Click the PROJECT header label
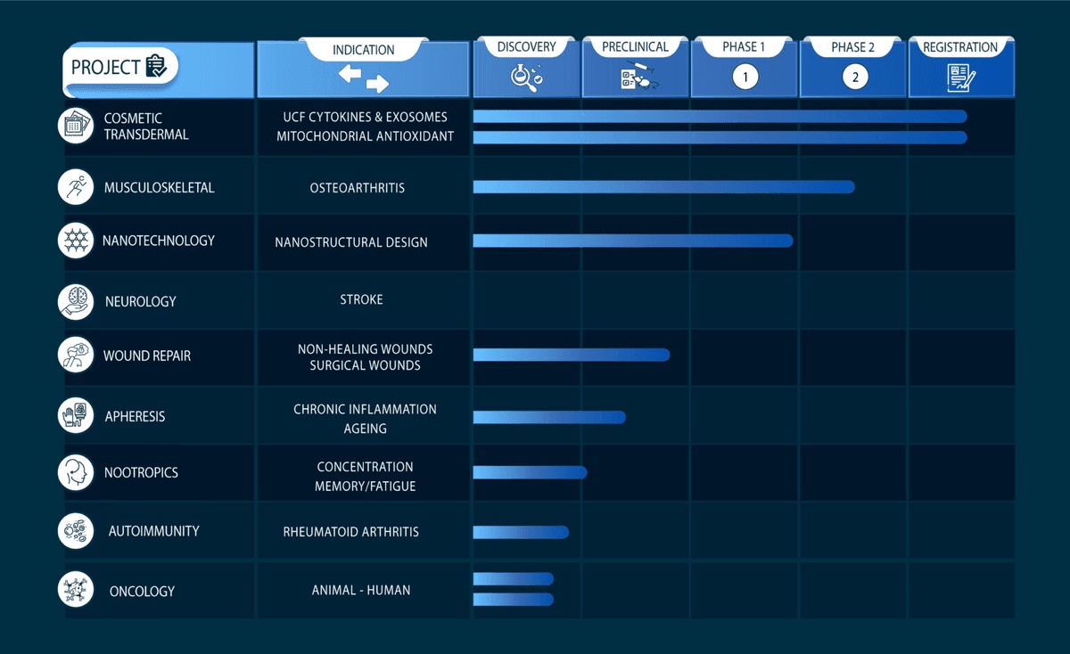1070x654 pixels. (105, 67)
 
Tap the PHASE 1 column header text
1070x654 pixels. (745, 47)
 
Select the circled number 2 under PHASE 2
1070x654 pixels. (854, 78)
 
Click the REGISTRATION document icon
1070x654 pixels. (960, 78)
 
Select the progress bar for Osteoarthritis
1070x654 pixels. (663, 187)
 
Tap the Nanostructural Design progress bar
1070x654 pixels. (632, 241)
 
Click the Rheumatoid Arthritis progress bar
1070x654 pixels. (521, 532)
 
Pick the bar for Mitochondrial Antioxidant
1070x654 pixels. (720, 137)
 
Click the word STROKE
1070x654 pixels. (361, 299)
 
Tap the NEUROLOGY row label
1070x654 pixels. (140, 302)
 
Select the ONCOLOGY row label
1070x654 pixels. (142, 591)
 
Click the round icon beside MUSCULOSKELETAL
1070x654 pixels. (76, 187)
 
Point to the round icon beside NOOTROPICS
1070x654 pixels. (76, 472)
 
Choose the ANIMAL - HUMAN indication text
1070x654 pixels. (361, 590)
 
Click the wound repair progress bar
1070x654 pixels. (571, 355)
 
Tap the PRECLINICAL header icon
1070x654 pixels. (635, 78)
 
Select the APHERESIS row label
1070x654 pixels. (135, 416)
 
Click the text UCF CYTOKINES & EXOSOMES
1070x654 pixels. (366, 117)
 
